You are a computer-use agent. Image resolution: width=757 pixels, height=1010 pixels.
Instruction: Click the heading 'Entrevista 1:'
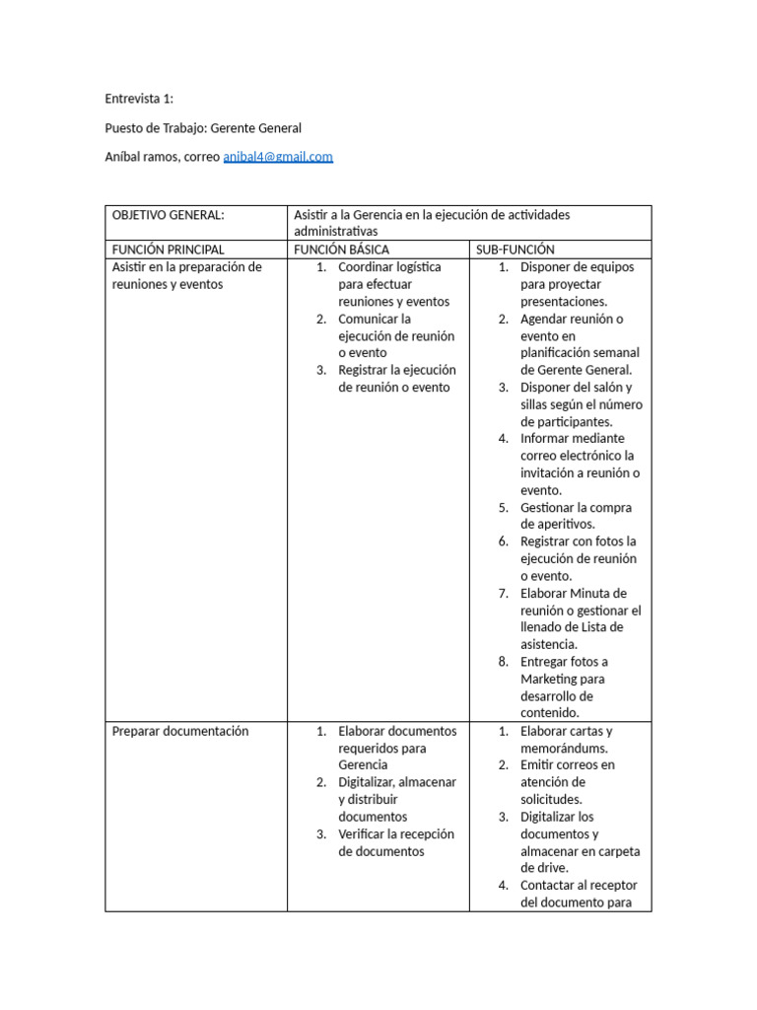click(139, 99)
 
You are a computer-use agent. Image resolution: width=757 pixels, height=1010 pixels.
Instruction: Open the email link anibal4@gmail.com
click(278, 156)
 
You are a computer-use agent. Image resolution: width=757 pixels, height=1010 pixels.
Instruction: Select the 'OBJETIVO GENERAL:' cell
click(169, 214)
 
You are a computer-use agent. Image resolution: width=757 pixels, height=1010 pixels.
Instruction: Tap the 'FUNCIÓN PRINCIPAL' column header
click(169, 250)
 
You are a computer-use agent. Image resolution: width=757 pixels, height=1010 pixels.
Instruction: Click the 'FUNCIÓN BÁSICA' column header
click(342, 250)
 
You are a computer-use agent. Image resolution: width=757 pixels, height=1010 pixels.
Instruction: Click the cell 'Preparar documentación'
click(180, 731)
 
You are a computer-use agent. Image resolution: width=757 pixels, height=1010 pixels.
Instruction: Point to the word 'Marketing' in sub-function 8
click(549, 679)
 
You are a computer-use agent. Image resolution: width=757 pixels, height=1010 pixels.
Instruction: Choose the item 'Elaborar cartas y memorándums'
click(567, 739)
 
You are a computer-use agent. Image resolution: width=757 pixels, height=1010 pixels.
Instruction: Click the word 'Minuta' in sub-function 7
click(591, 593)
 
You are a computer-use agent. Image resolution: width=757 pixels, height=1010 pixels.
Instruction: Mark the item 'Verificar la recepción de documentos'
click(395, 842)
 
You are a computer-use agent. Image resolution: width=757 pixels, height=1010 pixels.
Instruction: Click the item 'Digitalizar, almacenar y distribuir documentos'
click(395, 799)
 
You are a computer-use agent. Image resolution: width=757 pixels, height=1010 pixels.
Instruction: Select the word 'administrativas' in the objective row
click(336, 232)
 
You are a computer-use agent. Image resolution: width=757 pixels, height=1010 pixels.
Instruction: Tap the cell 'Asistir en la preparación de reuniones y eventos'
click(186, 275)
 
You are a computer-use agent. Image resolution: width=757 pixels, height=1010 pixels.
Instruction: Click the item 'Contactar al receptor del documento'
click(580, 894)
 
